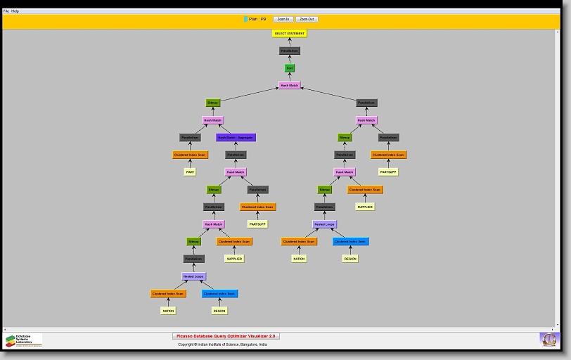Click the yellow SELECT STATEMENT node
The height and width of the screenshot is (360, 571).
pyautogui.click(x=290, y=34)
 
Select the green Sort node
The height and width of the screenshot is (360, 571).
pyautogui.click(x=290, y=68)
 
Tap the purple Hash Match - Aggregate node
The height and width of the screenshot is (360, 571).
pyautogui.click(x=236, y=137)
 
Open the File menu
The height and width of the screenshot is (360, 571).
pyautogui.click(x=6, y=11)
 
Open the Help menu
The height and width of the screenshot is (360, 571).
pyautogui.click(x=15, y=11)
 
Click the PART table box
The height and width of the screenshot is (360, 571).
pyautogui.click(x=190, y=172)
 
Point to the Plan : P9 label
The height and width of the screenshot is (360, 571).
pyautogui.click(x=257, y=19)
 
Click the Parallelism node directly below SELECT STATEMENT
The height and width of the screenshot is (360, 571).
pyautogui.click(x=290, y=51)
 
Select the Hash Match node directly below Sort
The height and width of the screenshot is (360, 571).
pyautogui.click(x=290, y=85)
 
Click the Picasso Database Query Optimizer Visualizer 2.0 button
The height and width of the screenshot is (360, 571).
pyautogui.click(x=226, y=336)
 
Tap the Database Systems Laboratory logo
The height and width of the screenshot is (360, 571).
pyautogui.click(x=23, y=340)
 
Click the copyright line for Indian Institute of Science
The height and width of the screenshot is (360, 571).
pyautogui.click(x=222, y=345)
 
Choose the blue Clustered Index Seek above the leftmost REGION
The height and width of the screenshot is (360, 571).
pyautogui.click(x=220, y=293)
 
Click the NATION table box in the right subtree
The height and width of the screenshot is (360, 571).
pyautogui.click(x=300, y=259)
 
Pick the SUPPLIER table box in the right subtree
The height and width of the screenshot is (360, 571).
pyautogui.click(x=365, y=207)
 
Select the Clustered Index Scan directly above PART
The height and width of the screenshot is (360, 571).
pyautogui.click(x=191, y=155)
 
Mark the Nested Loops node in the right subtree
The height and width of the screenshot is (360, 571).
pyautogui.click(x=325, y=224)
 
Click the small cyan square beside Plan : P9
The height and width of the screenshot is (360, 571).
pyautogui.click(x=245, y=19)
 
